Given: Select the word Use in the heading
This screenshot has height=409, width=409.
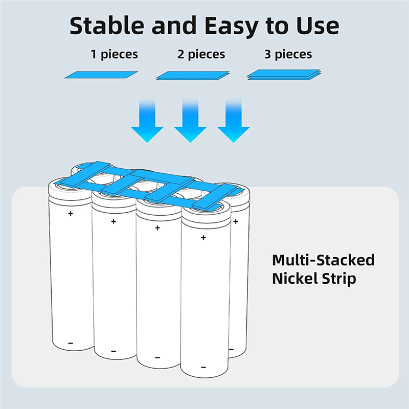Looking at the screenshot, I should pyautogui.click(x=317, y=25).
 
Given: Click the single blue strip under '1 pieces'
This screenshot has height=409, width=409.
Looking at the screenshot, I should pyautogui.click(x=102, y=75).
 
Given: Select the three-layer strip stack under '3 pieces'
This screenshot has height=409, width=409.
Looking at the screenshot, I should pyautogui.click(x=284, y=75).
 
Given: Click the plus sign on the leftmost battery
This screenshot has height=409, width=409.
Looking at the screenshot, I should pyautogui.click(x=71, y=213).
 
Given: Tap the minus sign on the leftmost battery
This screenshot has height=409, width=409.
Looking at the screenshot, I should pyautogui.click(x=71, y=343).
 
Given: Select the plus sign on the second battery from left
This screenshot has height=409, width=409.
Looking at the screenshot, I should pyautogui.click(x=113, y=221).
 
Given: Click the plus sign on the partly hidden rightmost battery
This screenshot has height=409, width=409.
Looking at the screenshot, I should pyautogui.click(x=236, y=221).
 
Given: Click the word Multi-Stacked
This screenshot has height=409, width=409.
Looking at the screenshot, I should pyautogui.click(x=323, y=260).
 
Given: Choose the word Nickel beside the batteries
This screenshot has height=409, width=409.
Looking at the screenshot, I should pyautogui.click(x=296, y=279).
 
